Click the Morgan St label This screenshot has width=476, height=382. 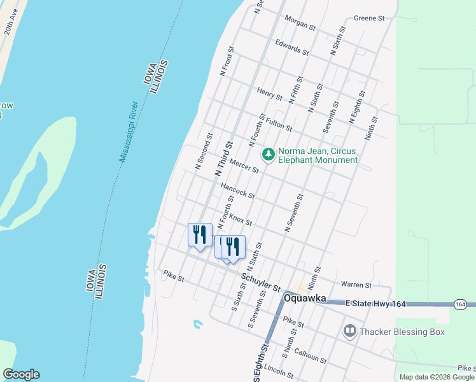[x=300, y=23]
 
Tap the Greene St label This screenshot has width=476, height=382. [x=370, y=19]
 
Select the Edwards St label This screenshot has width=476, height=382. [x=291, y=47]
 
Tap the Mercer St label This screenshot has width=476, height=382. [x=244, y=166]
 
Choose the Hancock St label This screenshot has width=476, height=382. [x=237, y=190]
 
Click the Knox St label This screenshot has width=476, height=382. [x=241, y=220]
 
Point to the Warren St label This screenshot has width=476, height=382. [x=356, y=285]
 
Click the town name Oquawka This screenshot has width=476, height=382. [x=305, y=298]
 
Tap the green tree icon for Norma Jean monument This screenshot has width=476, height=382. [x=269, y=154]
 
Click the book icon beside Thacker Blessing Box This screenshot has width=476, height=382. [x=349, y=330]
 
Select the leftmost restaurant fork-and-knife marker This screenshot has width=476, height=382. [x=200, y=235]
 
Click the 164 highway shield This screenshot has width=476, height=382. [x=460, y=304]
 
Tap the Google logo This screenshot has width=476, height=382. [x=21, y=374]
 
